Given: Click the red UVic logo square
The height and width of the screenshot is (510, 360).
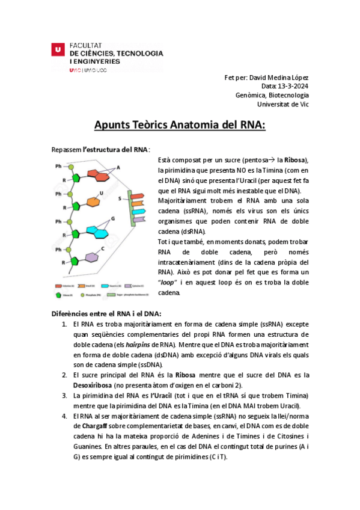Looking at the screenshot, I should pyautogui.click(x=57, y=51).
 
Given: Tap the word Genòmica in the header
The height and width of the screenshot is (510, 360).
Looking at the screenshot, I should pyautogui.click(x=252, y=95).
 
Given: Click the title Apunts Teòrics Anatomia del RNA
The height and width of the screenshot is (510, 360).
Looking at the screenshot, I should pyautogui.click(x=180, y=125).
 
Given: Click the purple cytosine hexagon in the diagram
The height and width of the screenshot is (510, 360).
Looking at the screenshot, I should pyautogui.click(x=91, y=257).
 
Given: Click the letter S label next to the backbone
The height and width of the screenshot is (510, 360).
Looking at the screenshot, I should pyautogui.click(x=120, y=198).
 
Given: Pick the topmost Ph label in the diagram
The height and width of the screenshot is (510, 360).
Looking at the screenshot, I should pyautogui.click(x=58, y=166).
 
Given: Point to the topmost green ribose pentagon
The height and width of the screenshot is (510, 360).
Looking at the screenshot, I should pyautogui.click(x=75, y=179).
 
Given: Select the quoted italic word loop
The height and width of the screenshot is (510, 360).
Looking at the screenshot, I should pyautogui.click(x=169, y=283).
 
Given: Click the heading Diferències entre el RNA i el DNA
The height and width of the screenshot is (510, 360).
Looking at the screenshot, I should pyautogui.click(x=106, y=314).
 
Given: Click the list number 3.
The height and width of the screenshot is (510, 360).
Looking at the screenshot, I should pyautogui.click(x=65, y=395).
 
